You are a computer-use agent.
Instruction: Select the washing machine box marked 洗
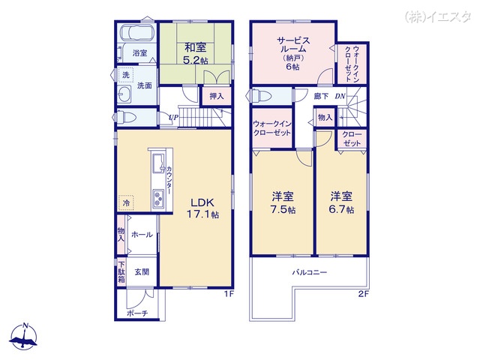125,75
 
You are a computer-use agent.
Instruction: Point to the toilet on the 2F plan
262,96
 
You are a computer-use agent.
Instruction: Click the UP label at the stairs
173,117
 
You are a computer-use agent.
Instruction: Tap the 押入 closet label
216,96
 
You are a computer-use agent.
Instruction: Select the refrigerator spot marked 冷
126,202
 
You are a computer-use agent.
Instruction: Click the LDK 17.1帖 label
202,208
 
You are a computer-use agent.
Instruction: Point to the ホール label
142,235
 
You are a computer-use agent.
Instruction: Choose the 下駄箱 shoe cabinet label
121,271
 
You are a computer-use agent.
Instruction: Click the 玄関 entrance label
142,272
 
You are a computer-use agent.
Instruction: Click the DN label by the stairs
339,96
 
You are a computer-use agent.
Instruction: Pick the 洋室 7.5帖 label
283,202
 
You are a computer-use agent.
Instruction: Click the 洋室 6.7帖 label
342,202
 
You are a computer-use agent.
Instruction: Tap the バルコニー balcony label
310,272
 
